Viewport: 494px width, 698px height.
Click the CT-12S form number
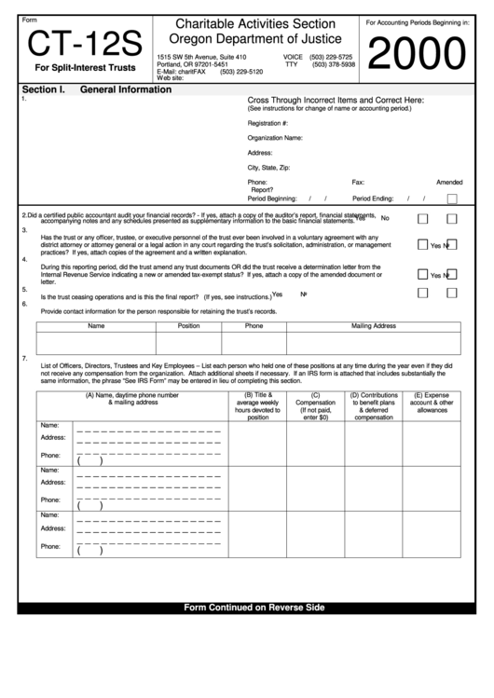pyautogui.click(x=82, y=44)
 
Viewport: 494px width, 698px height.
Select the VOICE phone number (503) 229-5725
pyautogui.click(x=333, y=56)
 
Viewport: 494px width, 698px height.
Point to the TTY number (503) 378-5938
pyautogui.click(x=333, y=64)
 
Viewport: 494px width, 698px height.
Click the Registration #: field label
pyautogui.click(x=268, y=122)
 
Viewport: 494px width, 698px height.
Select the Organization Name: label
pyautogui.click(x=275, y=137)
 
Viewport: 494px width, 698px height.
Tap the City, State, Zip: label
pyautogui.click(x=268, y=167)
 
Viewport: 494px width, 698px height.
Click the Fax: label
pyautogui.click(x=358, y=182)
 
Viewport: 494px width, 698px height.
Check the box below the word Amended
pyautogui.click(x=452, y=198)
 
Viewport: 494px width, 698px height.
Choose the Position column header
pyautogui.click(x=188, y=326)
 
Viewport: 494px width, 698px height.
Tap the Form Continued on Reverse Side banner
pyautogui.click(x=254, y=608)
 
